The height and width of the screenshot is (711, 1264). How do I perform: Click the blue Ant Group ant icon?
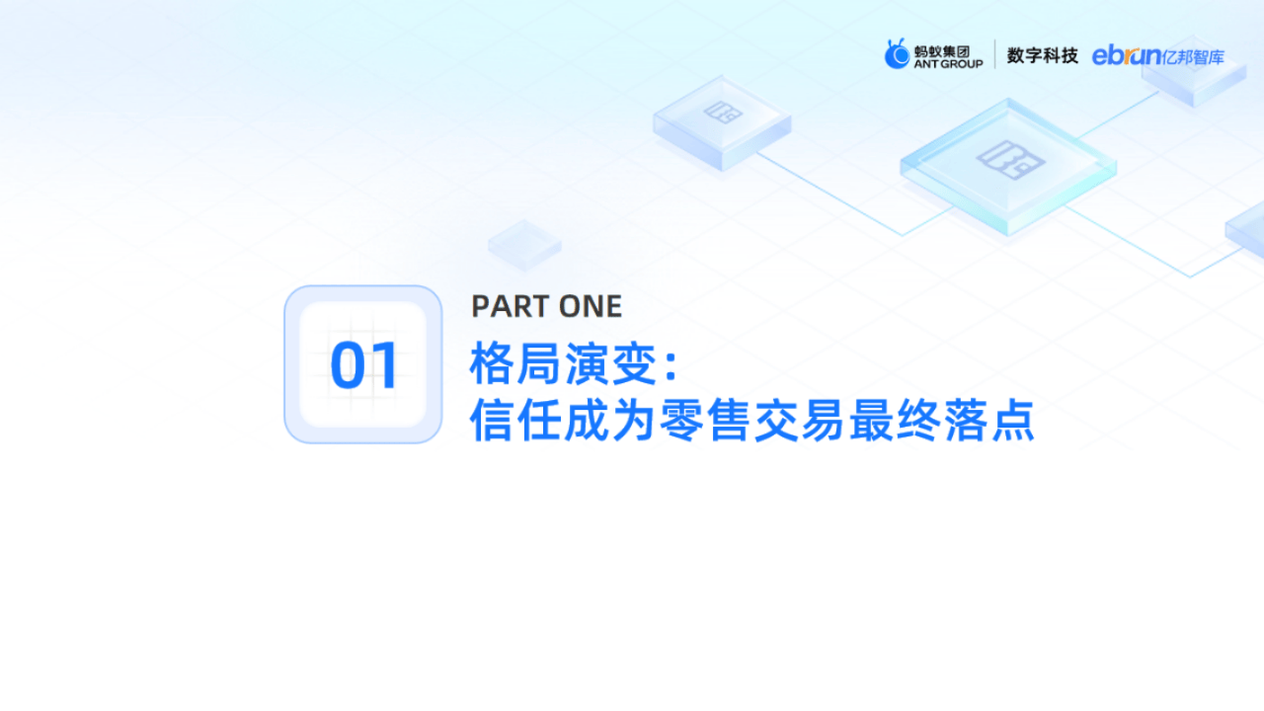897,54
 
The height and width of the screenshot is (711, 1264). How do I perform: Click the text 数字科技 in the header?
1042,55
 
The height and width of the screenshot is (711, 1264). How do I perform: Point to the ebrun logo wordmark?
1127,56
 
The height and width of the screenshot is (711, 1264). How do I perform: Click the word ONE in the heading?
591,307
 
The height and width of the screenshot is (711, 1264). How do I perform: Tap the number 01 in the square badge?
363,365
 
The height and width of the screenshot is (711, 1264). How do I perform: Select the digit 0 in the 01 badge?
348,365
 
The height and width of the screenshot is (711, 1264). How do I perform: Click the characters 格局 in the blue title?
516,365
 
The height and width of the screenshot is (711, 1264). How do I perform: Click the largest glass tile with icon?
1008,164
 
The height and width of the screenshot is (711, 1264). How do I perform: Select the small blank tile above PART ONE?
524,243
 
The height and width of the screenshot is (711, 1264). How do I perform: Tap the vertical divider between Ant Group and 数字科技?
994,55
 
